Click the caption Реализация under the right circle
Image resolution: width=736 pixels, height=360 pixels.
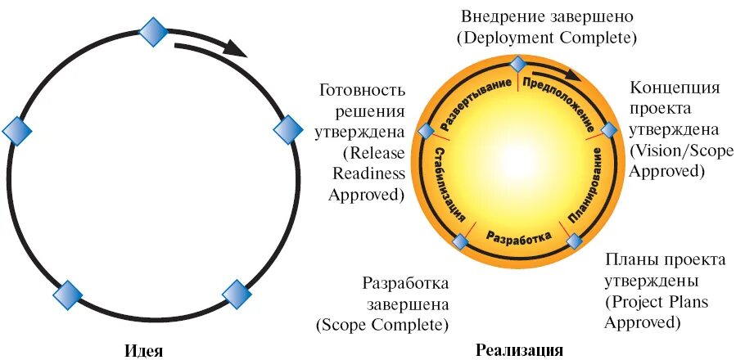pos(518,351)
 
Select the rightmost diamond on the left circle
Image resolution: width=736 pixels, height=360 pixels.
pos(287,130)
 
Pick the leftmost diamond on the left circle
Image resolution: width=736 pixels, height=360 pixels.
pos(17,130)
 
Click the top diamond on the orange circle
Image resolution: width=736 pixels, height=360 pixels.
pos(517,64)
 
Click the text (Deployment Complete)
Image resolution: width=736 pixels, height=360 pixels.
pos(547,38)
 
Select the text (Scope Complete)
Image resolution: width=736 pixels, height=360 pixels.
pos(382,325)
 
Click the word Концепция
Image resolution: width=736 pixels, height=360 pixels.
pos(675,88)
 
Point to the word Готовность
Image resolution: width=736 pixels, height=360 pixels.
pos(363,89)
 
